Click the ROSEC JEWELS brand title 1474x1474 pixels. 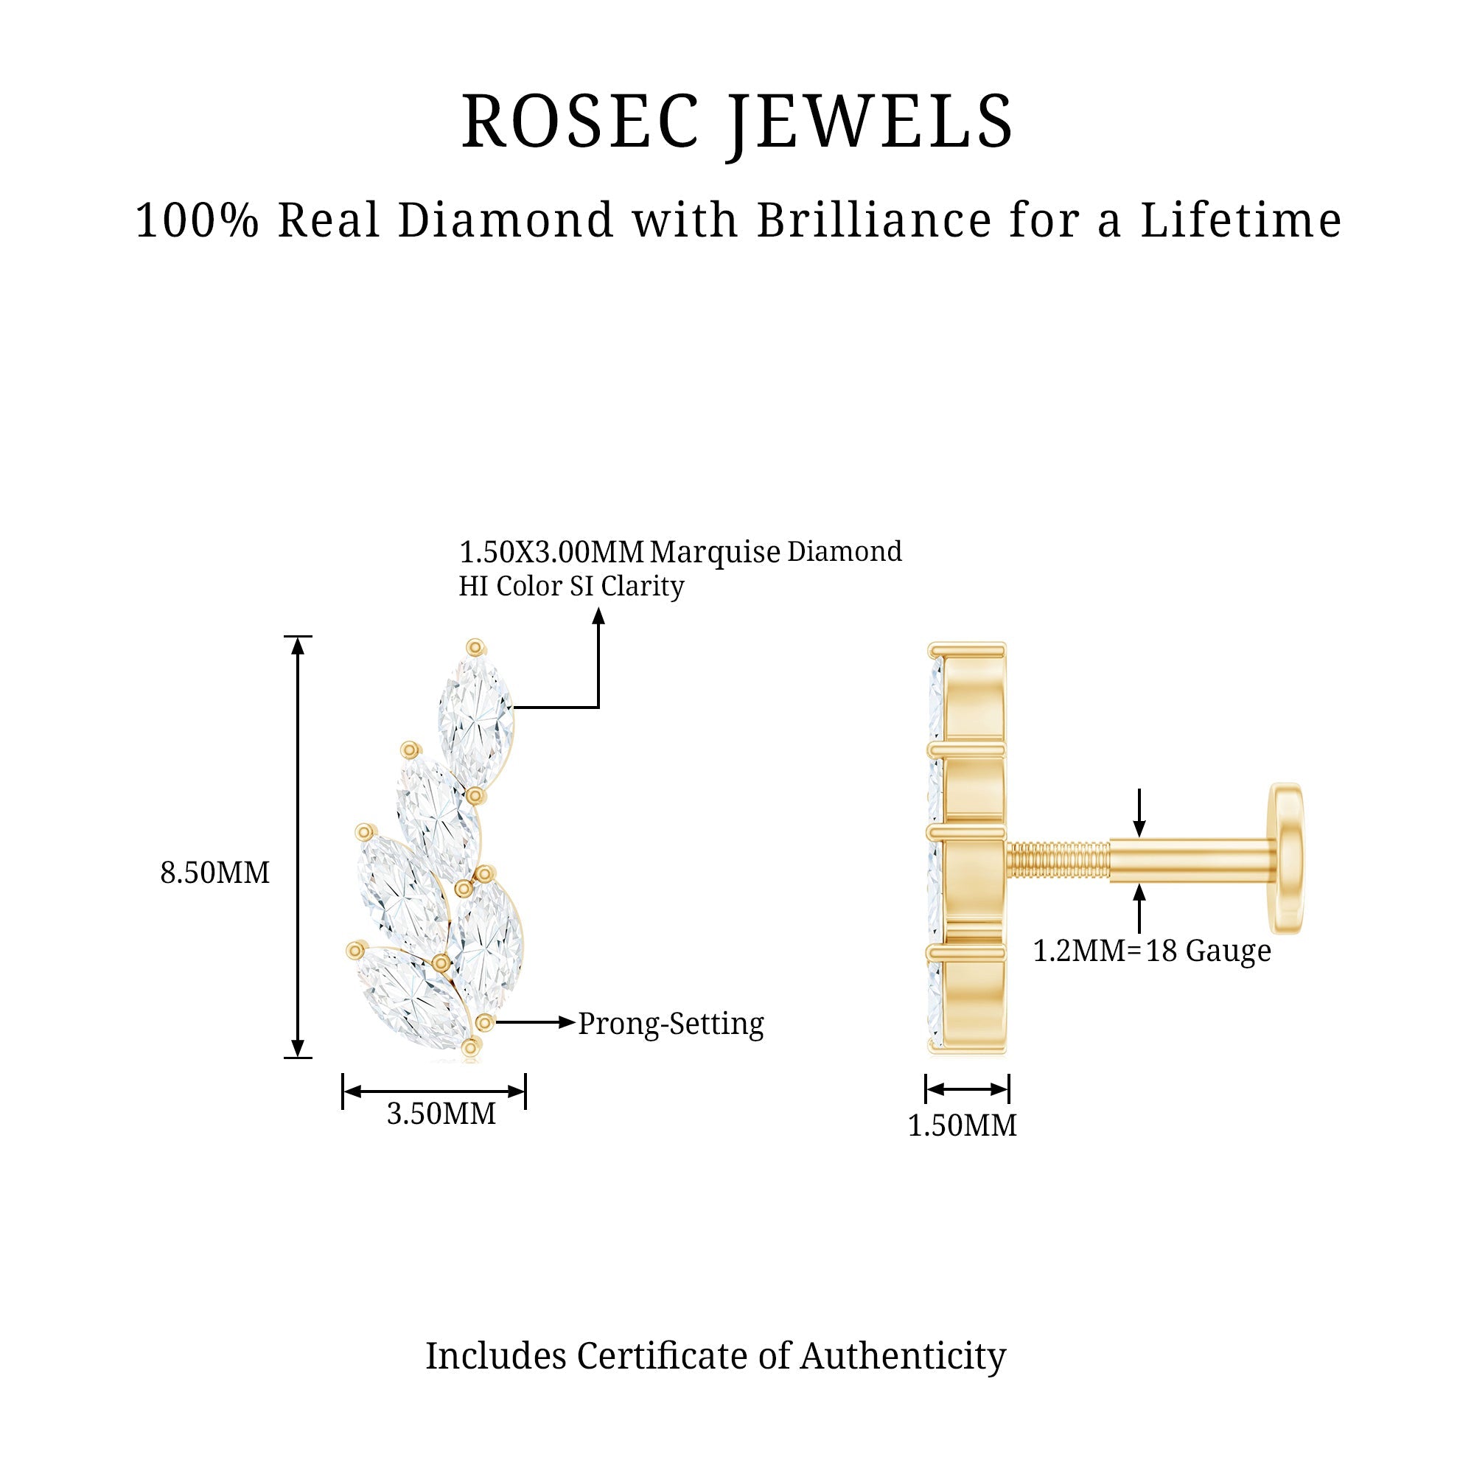737,122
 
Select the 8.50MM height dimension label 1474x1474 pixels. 215,872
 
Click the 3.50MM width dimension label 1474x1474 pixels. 441,1114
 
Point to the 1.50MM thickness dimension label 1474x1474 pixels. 962,1125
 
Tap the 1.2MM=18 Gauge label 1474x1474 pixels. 1152,951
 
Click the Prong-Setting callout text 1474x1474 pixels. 671,1024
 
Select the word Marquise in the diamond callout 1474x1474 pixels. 715,551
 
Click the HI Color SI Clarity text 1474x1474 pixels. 571,586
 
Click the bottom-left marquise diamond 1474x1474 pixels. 413,996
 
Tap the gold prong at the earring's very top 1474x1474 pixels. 475,648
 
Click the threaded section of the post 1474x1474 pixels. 1058,860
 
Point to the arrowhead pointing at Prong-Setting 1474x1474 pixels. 566,1022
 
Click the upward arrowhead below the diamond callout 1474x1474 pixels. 599,616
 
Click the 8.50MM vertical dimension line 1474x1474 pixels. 298,847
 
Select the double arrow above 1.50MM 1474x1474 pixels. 968,1089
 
